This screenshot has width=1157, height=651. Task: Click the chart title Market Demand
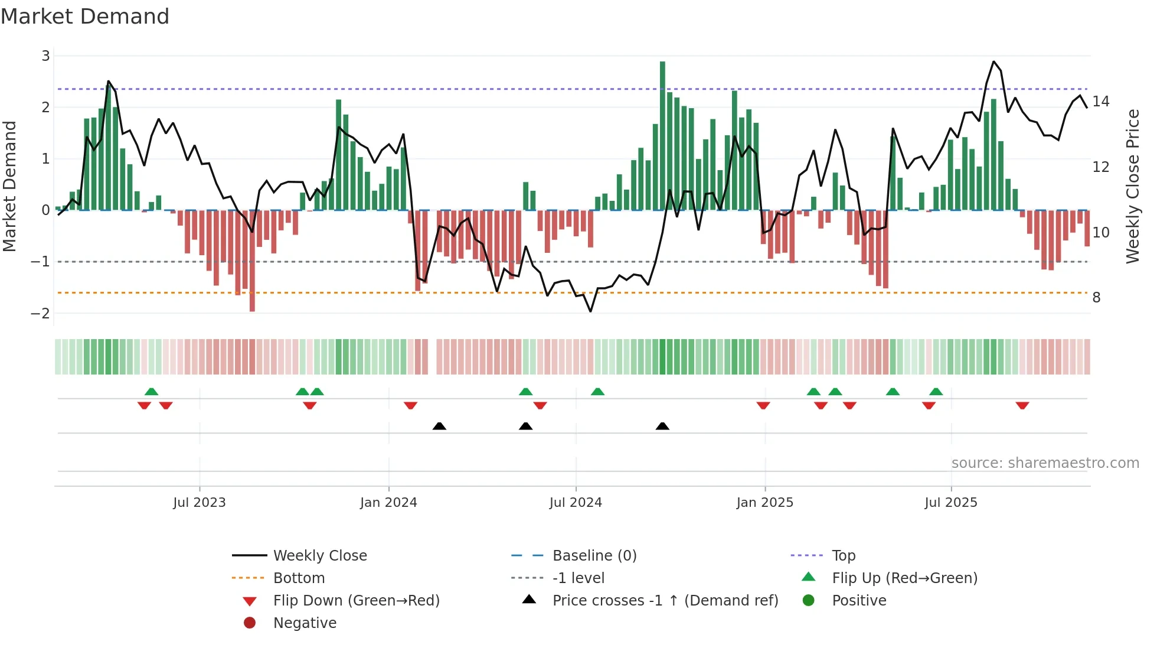(85, 17)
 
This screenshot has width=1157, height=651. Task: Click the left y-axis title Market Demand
(10, 186)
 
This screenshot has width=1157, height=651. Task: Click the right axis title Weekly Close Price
(1132, 186)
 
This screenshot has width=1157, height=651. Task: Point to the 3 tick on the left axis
(45, 56)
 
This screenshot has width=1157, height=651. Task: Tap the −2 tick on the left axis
(41, 313)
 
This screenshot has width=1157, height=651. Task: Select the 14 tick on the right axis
(1101, 102)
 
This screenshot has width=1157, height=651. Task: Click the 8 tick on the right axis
(1096, 298)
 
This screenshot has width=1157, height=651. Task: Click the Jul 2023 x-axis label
(200, 503)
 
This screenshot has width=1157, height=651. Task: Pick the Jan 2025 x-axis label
(765, 503)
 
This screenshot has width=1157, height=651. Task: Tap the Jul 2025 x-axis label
(951, 503)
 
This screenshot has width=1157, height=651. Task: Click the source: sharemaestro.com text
(1045, 463)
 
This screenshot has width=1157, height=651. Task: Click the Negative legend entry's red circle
(250, 623)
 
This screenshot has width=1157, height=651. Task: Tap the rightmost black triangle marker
(662, 426)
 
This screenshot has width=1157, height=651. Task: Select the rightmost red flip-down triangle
(1022, 406)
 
